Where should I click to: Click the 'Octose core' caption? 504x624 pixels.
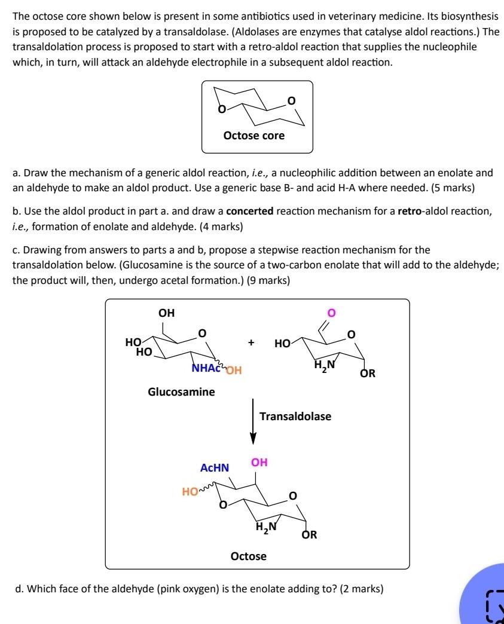coord(253,136)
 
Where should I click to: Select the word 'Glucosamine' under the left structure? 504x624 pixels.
coord(181,392)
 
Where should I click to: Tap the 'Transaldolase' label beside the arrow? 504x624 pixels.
coord(295,416)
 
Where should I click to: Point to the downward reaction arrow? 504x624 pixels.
coord(253,421)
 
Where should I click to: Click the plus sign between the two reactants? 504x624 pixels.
coord(252,343)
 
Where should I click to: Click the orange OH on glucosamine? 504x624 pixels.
coord(233,369)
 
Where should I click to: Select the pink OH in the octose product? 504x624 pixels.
coord(259,462)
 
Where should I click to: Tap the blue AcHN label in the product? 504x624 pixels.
coord(215,468)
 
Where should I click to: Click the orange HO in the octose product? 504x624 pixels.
coord(190,492)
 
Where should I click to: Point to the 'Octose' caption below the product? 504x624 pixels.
coord(249,556)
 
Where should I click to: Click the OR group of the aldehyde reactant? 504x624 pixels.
coord(368,374)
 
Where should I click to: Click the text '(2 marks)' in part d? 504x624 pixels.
coord(361,589)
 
